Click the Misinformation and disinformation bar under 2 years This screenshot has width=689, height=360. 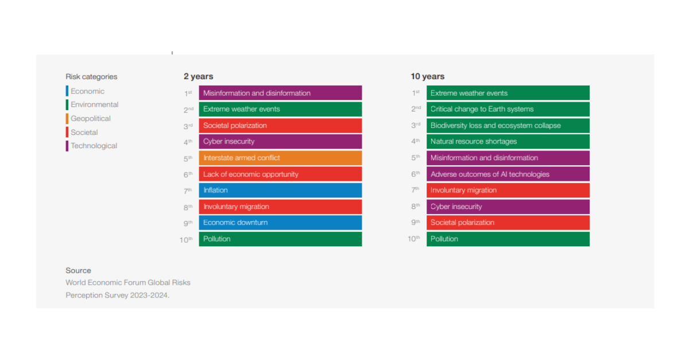280,93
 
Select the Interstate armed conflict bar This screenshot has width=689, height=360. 280,158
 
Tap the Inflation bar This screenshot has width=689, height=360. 280,190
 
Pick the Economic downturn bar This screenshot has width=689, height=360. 280,223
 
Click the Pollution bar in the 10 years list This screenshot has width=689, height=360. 508,239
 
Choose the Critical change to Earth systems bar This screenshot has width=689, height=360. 508,109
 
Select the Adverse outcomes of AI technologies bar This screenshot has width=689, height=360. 508,174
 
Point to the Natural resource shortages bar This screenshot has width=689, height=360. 508,141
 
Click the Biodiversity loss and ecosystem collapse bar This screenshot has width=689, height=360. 508,125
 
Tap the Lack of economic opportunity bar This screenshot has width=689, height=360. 280,174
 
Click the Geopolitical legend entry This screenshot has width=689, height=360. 91,119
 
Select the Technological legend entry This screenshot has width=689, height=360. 94,146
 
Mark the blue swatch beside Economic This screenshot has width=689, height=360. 67,91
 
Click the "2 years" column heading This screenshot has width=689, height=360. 198,76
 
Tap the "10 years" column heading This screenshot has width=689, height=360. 427,76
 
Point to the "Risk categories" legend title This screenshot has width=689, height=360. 91,76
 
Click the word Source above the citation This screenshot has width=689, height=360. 78,270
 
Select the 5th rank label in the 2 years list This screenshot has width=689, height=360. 188,158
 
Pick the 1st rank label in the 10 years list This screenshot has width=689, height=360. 416,93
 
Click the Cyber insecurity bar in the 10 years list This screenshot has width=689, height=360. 508,207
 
